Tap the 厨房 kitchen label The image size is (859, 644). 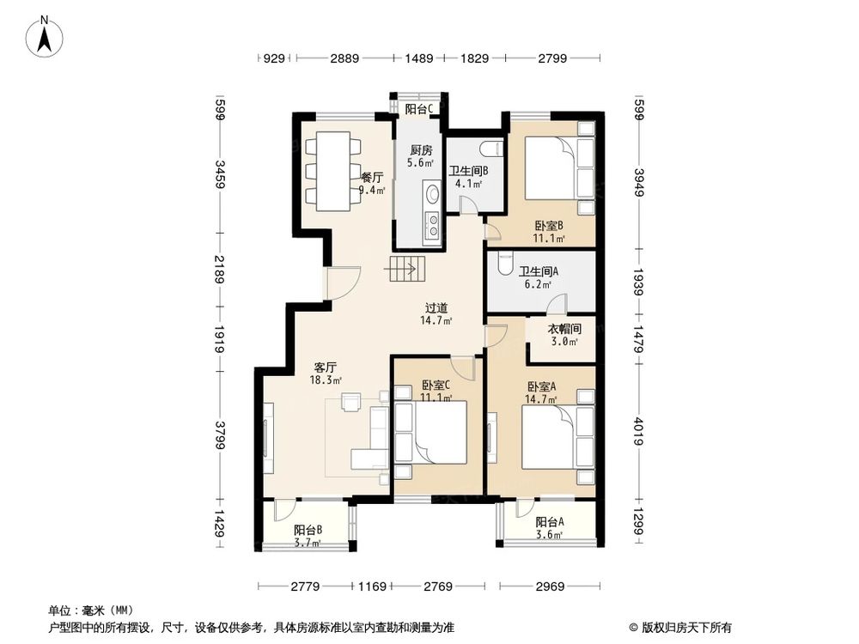click(x=420, y=149)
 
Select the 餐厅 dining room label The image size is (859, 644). click(x=372, y=178)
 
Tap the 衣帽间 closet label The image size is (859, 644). click(x=564, y=329)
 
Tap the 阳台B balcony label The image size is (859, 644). click(x=308, y=530)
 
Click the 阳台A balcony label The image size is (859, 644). click(x=550, y=522)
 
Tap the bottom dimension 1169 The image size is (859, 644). click(x=371, y=586)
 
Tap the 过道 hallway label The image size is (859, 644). click(x=437, y=307)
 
